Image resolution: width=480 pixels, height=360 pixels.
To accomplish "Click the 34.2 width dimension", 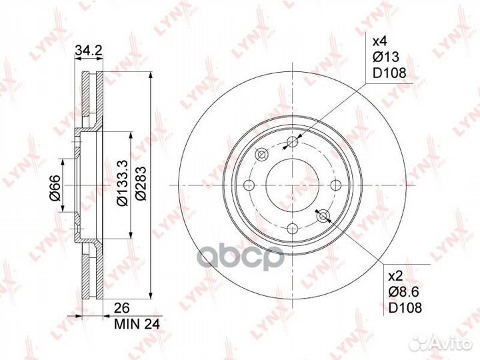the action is click(x=89, y=50).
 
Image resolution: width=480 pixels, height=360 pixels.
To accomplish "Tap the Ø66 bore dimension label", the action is click(x=56, y=188).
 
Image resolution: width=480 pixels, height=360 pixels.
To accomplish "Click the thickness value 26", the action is click(x=121, y=308).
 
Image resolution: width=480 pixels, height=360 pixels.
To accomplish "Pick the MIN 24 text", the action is click(x=137, y=324).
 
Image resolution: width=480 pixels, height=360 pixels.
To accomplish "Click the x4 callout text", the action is click(x=379, y=41).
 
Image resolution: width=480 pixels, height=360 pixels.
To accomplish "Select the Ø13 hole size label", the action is click(x=386, y=57).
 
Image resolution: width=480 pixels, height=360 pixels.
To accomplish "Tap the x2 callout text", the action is click(x=395, y=277).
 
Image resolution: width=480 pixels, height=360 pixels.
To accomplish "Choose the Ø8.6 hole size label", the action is click(x=404, y=292).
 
